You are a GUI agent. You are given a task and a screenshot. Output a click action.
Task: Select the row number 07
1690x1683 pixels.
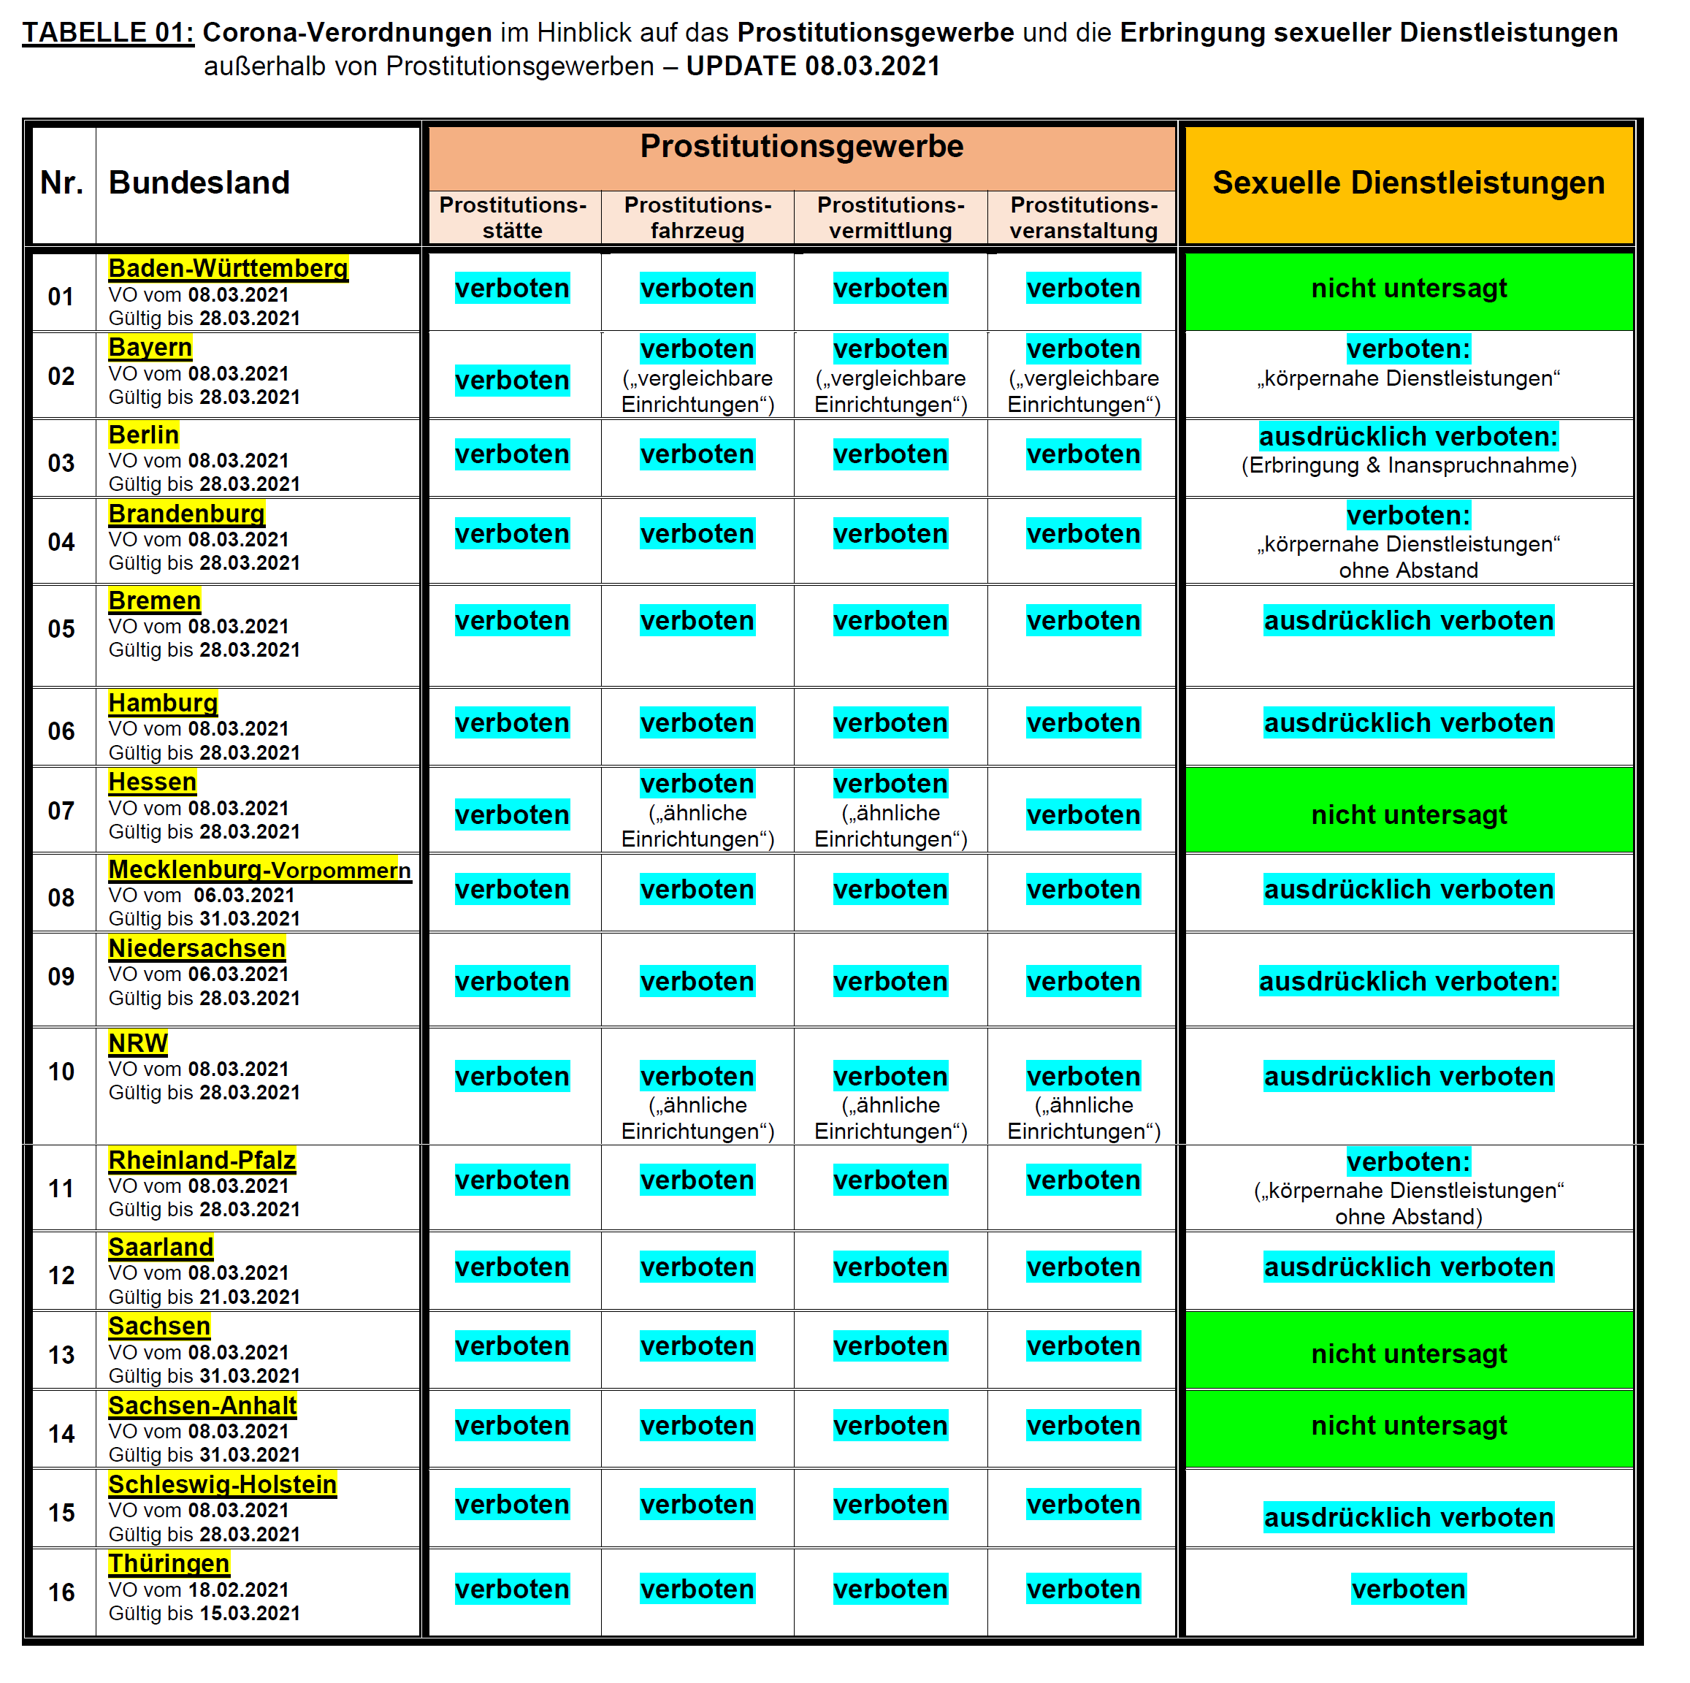pos(61,811)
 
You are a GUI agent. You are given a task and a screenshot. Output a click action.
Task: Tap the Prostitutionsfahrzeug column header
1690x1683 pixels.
pos(697,218)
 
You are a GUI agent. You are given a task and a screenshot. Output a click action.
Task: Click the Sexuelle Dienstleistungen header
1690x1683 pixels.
pos(1407,183)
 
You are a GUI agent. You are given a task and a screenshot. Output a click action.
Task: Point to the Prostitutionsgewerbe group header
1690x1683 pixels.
pos(801,147)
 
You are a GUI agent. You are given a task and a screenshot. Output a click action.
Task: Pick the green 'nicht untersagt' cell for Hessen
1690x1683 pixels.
pos(1408,814)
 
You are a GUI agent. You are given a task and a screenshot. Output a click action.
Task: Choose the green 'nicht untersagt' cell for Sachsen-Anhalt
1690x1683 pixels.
pos(1408,1425)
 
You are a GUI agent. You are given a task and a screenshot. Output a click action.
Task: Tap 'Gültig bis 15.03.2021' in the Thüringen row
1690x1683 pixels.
pos(204,1613)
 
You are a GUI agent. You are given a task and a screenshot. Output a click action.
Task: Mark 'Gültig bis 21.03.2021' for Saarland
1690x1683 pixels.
pos(204,1297)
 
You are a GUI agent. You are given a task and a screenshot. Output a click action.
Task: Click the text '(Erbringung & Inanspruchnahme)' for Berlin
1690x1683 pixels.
pos(1408,465)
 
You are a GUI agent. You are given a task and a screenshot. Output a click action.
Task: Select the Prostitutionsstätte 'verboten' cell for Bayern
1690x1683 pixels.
pos(512,381)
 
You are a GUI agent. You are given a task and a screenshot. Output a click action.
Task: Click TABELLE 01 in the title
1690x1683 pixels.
pos(107,32)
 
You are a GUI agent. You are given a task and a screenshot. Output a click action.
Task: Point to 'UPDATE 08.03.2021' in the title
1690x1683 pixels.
pos(813,66)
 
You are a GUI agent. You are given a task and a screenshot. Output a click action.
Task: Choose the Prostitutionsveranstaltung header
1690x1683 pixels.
pos(1083,218)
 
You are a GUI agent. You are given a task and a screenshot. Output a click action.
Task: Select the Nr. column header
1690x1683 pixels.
pos(61,183)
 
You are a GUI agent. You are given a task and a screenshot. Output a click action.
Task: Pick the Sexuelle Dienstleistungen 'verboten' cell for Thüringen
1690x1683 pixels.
pos(1408,1589)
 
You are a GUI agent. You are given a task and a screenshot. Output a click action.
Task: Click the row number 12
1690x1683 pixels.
pos(61,1275)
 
